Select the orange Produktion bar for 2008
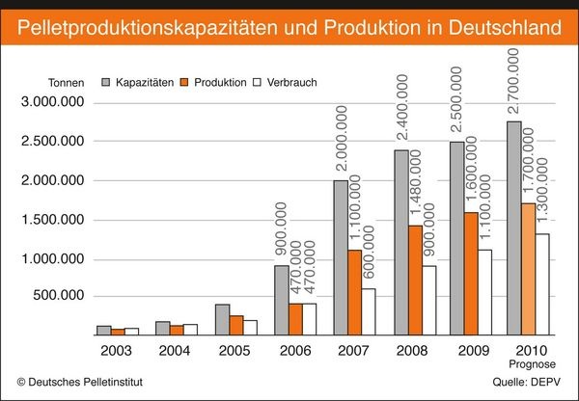(x=415, y=280)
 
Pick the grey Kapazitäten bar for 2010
(x=514, y=227)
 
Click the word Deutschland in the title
(x=502, y=22)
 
